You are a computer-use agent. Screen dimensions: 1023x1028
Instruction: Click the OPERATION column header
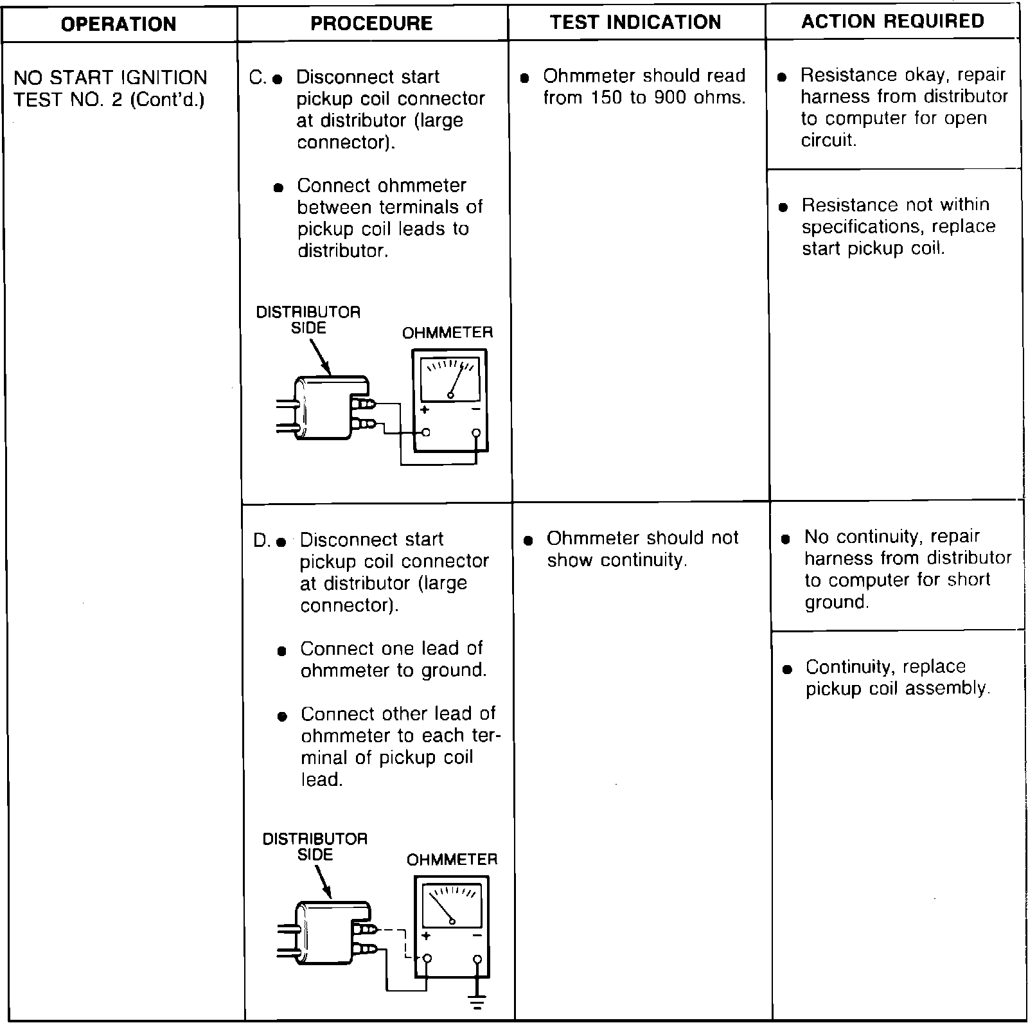coord(118,24)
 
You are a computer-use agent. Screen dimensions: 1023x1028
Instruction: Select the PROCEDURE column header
coord(371,24)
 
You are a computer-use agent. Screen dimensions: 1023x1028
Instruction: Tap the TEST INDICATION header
coord(635,22)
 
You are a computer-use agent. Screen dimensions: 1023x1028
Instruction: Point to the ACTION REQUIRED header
coord(892,21)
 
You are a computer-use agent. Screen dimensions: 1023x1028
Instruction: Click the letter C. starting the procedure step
coord(257,78)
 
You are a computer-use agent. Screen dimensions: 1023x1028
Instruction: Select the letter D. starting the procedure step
coord(261,541)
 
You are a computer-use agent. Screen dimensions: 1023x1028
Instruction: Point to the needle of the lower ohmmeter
coord(442,909)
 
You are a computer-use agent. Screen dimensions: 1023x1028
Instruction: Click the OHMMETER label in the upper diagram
coord(447,333)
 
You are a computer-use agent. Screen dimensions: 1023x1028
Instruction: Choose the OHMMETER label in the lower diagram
coord(452,860)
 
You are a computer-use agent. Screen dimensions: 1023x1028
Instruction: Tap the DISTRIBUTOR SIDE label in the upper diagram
coord(308,320)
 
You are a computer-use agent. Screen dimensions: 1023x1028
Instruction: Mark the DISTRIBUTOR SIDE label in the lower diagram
coord(315,847)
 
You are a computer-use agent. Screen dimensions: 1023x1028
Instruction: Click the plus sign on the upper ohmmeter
coord(424,410)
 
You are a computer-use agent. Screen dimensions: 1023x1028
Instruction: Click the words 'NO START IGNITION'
coord(110,78)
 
